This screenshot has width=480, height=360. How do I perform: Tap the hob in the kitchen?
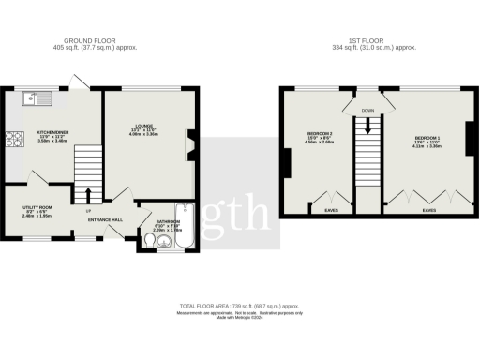click(14, 141)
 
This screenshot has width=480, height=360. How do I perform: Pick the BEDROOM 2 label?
click(321, 133)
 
